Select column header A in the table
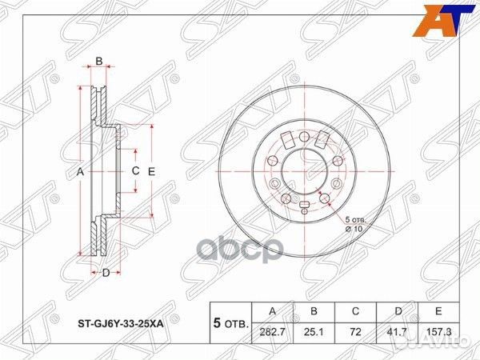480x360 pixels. pyautogui.click(x=274, y=310)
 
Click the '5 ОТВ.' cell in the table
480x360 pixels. pyautogui.click(x=230, y=322)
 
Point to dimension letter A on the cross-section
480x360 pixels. pyautogui.click(x=80, y=172)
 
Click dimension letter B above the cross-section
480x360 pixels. pyautogui.click(x=99, y=61)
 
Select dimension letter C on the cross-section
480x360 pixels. pyautogui.click(x=135, y=171)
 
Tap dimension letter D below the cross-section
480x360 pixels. pyautogui.click(x=105, y=274)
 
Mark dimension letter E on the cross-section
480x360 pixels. pyautogui.click(x=150, y=171)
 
